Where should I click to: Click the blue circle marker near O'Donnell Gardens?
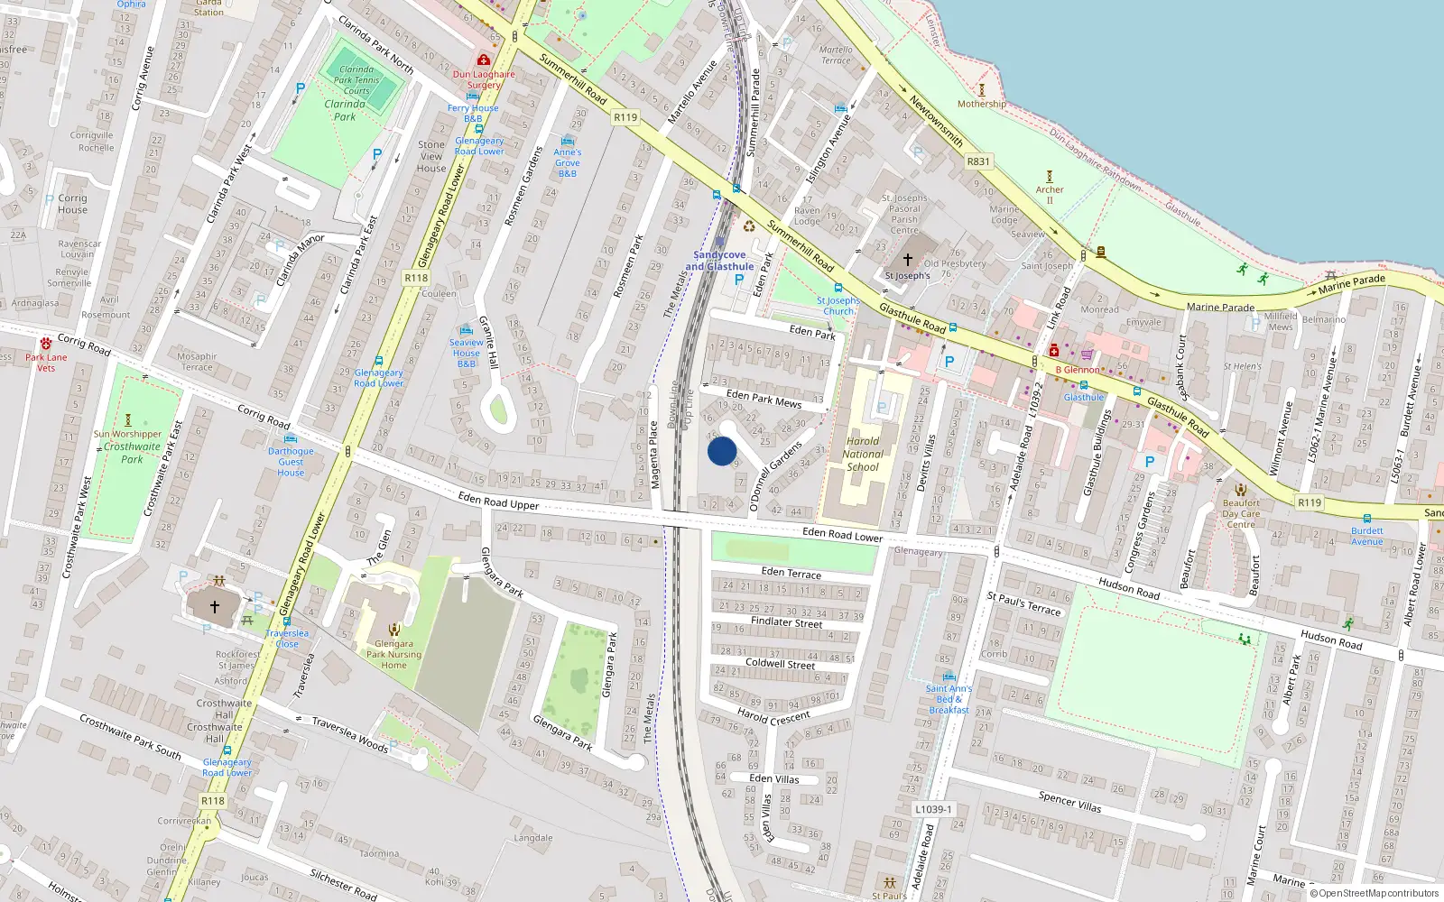[x=722, y=451]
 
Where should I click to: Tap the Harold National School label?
[x=863, y=454]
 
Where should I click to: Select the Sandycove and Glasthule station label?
[x=719, y=261]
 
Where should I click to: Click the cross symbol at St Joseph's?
[x=908, y=260]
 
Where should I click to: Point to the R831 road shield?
[x=978, y=161]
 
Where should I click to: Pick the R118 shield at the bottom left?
[x=213, y=800]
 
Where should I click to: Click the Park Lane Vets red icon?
[x=46, y=344]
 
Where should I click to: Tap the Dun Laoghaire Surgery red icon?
[x=484, y=60]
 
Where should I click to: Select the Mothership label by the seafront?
[x=982, y=104]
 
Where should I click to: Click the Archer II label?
[x=1050, y=195]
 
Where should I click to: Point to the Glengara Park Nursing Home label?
[x=393, y=654]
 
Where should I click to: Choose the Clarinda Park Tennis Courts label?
[x=356, y=79]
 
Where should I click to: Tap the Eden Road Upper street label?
[x=498, y=501]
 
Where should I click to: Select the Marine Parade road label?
[x=1220, y=307]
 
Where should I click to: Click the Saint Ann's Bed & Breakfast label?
[x=949, y=699]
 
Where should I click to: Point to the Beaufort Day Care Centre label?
[x=1241, y=514]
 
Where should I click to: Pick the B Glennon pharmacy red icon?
[x=1053, y=350]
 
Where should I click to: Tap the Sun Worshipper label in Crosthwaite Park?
[x=127, y=434]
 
